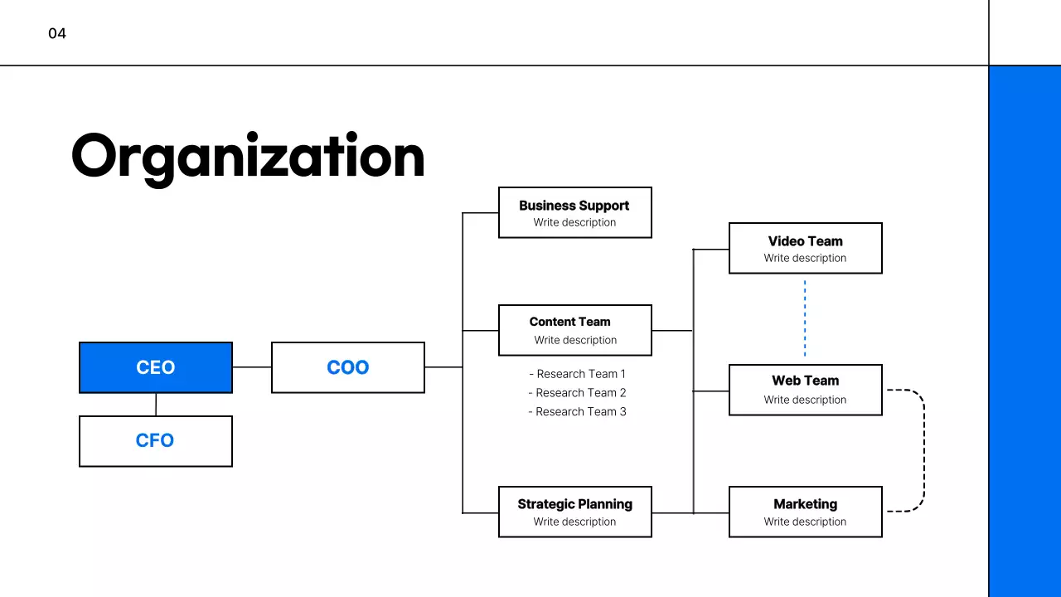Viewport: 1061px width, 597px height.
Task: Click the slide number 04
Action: pos(57,34)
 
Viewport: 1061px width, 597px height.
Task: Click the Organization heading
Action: pos(248,157)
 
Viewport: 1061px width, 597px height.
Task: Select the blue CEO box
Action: pos(156,367)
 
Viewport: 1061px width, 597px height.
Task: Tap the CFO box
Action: pos(156,441)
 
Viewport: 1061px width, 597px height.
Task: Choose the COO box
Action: pos(348,367)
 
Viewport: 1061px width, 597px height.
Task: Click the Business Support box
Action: pos(574,212)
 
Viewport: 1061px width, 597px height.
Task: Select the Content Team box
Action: pos(574,330)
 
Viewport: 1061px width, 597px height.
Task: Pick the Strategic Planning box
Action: pos(574,512)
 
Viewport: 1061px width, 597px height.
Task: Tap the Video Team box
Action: pos(805,248)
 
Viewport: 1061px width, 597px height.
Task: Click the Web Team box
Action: pos(805,390)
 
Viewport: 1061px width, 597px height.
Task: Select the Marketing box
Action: pos(805,512)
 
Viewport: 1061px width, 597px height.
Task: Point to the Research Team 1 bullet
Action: pos(578,374)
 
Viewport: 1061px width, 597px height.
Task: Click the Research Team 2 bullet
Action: pos(578,393)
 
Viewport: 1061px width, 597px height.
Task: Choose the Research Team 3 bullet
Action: pos(578,412)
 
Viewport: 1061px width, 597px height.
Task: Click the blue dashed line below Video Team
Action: pos(805,319)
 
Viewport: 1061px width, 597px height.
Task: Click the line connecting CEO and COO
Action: pos(252,367)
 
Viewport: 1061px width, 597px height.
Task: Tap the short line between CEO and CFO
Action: pos(156,405)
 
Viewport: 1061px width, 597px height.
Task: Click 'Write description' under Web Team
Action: pos(805,400)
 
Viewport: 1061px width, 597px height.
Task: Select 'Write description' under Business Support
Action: pos(574,222)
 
